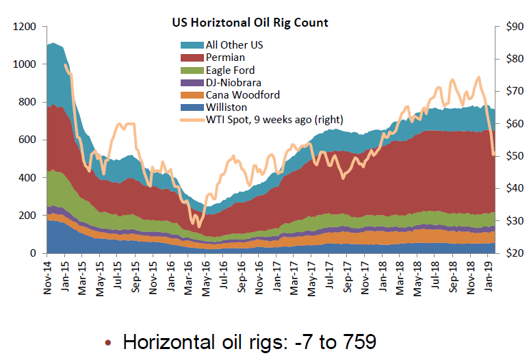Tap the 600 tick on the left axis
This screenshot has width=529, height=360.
27,140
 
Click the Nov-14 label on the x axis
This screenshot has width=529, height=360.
49,276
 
